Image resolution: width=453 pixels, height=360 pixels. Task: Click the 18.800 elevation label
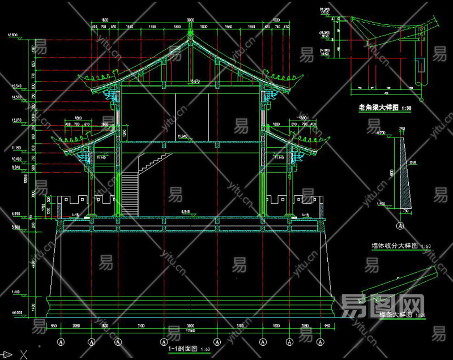pos(12,35)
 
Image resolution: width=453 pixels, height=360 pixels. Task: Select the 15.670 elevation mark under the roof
pos(195,82)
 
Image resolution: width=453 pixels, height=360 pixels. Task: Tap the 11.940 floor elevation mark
pos(182,136)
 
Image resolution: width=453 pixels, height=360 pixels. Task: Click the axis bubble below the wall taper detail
pos(399,225)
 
